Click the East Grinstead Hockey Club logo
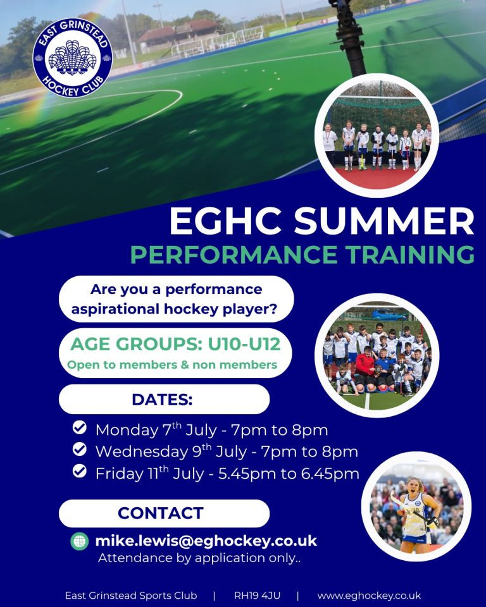[x=73, y=58]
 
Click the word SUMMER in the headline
[x=384, y=221]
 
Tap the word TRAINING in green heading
[x=411, y=254]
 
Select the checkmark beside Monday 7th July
[x=80, y=428]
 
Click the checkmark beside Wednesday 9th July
[x=80, y=450]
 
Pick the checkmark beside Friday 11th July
[x=80, y=471]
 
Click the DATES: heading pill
[x=164, y=400]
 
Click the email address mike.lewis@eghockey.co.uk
[x=206, y=541]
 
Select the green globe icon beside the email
[x=80, y=541]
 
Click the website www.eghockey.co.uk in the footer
[x=369, y=596]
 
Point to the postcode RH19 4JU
[x=257, y=596]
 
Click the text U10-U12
[x=244, y=344]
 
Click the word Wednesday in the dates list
[x=142, y=452]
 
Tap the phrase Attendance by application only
[x=199, y=558]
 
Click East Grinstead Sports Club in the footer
[x=131, y=596]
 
